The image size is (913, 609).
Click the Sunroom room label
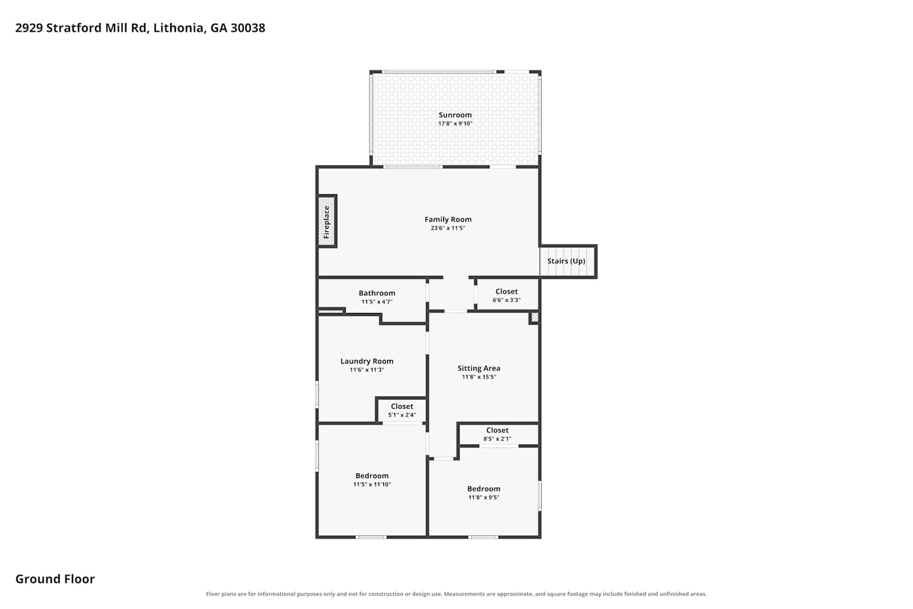pyautogui.click(x=455, y=115)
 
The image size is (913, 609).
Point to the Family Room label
pyautogui.click(x=448, y=219)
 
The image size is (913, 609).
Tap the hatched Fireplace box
pyautogui.click(x=326, y=222)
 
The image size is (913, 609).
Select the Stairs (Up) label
pyautogui.click(x=566, y=261)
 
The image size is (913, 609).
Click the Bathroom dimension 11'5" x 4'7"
pyautogui.click(x=377, y=302)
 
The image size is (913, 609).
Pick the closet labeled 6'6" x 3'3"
pyautogui.click(x=506, y=295)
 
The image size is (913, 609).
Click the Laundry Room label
pyautogui.click(x=367, y=361)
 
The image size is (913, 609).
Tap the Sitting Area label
pyautogui.click(x=479, y=368)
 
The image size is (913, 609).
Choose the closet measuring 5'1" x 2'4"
pyautogui.click(x=402, y=410)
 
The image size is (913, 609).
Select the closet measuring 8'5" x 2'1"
pyautogui.click(x=498, y=434)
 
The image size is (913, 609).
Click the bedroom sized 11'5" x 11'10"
pyautogui.click(x=372, y=480)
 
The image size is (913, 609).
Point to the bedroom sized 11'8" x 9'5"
pyautogui.click(x=484, y=493)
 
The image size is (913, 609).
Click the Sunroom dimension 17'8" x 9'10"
pyautogui.click(x=455, y=124)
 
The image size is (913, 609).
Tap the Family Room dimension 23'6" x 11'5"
pyautogui.click(x=448, y=228)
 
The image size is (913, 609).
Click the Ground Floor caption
pyautogui.click(x=55, y=579)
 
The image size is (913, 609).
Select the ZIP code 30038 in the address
pyautogui.click(x=248, y=28)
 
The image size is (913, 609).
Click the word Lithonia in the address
pyautogui.click(x=179, y=28)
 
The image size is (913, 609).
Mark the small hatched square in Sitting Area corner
pyautogui.click(x=534, y=317)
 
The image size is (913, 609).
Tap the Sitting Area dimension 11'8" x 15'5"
pyautogui.click(x=479, y=377)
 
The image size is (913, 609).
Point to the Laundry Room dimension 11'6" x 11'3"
pyautogui.click(x=367, y=370)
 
